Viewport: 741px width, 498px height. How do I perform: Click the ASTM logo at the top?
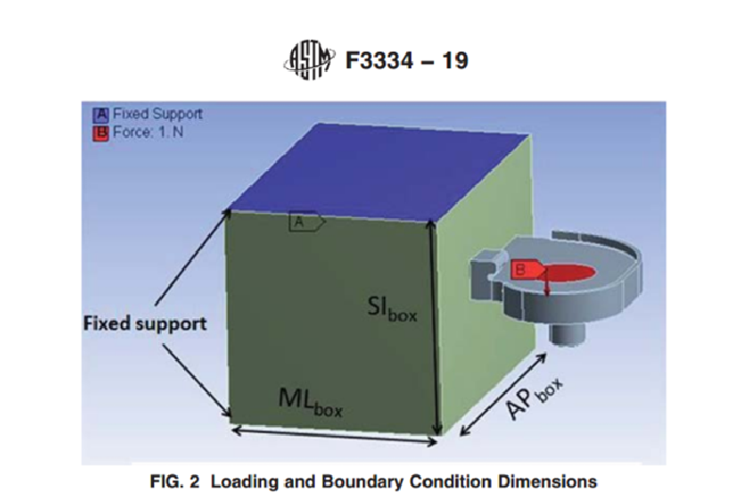coord(310,60)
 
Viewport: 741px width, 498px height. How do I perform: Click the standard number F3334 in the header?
coord(380,60)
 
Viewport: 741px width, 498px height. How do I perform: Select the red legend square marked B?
coord(100,132)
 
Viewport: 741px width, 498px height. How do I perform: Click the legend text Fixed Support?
coord(157,114)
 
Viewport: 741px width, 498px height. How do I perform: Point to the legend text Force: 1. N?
coord(147,132)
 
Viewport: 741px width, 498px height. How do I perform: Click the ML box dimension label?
coord(310,403)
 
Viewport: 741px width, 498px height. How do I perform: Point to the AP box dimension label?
coord(535,399)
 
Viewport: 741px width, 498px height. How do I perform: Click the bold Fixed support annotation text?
coord(146,323)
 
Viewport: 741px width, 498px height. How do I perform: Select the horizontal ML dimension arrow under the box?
coord(335,435)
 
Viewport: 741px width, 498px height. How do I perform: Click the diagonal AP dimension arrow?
coord(503,393)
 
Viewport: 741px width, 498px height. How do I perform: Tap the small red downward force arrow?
coord(547,282)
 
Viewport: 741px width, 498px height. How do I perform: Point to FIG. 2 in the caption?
coord(174,482)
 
